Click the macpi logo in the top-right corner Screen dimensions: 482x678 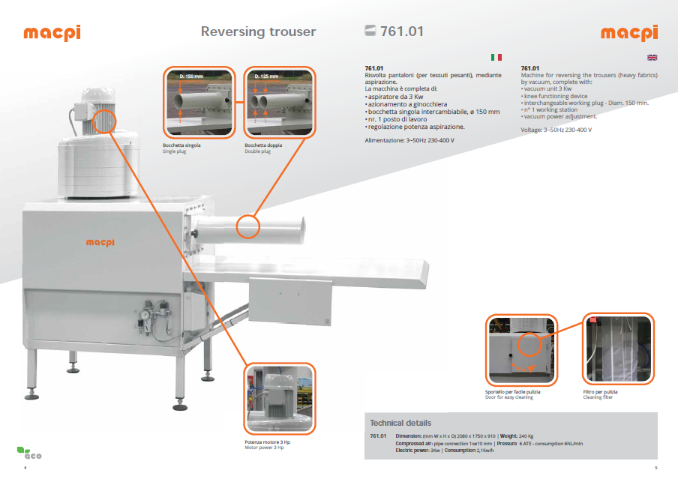coord(628,33)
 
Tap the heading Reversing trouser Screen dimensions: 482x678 coord(258,31)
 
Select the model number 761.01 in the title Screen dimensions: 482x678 coord(402,31)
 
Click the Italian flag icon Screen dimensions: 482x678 coord(496,57)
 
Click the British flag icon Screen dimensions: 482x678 coord(652,57)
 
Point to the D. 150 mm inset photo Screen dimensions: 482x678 coord(201,100)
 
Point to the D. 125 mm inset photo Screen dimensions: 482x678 coord(280,100)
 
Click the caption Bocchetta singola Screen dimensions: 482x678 coord(181,145)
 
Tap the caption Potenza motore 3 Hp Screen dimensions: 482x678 coord(267,442)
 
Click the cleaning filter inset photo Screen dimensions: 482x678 coord(618,349)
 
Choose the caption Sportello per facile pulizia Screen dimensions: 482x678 coord(513,392)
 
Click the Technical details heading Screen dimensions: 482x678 coord(400,423)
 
